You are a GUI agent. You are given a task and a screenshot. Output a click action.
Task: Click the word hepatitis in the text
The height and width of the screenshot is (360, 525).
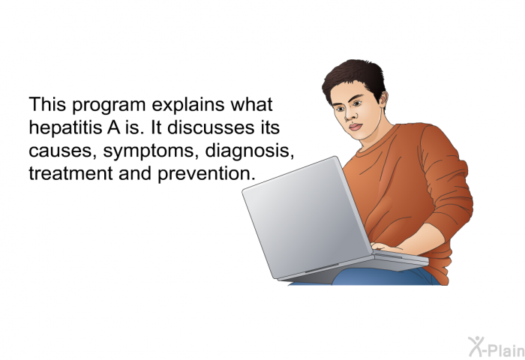click(65, 128)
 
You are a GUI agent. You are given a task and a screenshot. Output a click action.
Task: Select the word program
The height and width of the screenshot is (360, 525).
click(109, 106)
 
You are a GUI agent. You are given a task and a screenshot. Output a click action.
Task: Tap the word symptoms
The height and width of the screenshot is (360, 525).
click(148, 151)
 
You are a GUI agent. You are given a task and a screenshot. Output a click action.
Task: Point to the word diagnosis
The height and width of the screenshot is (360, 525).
click(250, 151)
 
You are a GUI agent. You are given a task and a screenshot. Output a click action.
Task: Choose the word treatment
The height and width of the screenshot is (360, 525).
click(70, 174)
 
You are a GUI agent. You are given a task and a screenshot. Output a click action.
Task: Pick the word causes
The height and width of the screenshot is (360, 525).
click(60, 151)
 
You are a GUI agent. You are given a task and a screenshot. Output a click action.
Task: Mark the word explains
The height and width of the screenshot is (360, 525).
click(187, 105)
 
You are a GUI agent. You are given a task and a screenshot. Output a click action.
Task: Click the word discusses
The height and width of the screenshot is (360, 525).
click(211, 127)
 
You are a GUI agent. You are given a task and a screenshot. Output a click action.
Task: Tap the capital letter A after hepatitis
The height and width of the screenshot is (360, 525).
click(114, 128)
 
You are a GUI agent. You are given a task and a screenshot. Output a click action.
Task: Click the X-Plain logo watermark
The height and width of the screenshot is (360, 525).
click(496, 347)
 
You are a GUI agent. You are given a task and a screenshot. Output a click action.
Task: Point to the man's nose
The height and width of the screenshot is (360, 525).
click(349, 114)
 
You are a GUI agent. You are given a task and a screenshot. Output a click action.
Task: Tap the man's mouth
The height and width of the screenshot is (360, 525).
click(355, 127)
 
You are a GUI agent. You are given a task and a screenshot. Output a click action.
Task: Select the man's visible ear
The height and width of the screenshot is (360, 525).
click(383, 100)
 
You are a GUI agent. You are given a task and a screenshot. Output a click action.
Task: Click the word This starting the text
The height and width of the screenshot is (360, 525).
click(47, 105)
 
